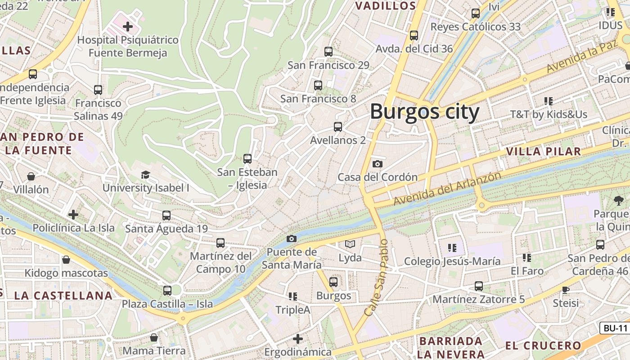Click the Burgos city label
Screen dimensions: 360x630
coord(424,111)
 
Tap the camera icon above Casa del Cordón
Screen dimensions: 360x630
coord(378,164)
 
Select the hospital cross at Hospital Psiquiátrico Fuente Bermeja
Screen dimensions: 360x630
coord(128,27)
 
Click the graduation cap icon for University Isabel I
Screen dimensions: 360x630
coord(145,175)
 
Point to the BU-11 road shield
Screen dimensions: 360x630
coord(615,328)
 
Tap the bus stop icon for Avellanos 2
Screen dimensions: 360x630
coord(337,127)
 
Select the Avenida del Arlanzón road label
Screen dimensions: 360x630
coord(447,189)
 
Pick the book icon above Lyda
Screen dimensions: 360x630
coord(350,244)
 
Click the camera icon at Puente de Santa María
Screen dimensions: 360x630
coord(292,238)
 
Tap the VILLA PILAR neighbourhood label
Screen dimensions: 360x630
coord(544,151)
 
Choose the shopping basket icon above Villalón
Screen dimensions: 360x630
coord(31,176)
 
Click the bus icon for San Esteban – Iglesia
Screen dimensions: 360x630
coord(247,158)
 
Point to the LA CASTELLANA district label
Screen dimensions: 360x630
coord(63,296)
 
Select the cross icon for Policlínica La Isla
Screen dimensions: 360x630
coord(73,215)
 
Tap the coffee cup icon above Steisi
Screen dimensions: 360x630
coord(566,289)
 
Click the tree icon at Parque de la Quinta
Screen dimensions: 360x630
coord(618,200)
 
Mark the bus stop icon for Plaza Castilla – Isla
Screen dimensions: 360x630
coord(167,290)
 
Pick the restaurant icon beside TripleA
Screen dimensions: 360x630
coord(293,296)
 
